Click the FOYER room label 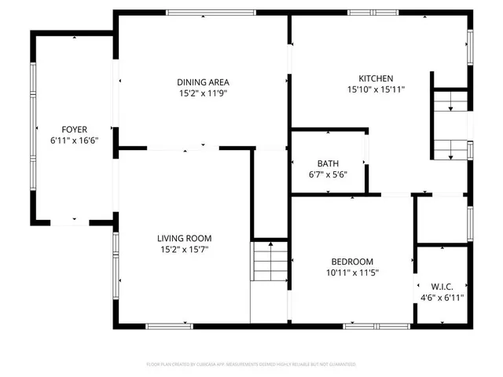pyautogui.click(x=75, y=129)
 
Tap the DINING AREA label pyautogui.click(x=202, y=82)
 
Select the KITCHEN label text pyautogui.click(x=376, y=79)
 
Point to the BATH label pyautogui.click(x=328, y=163)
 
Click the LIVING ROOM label pyautogui.click(x=184, y=239)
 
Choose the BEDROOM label pyautogui.click(x=351, y=262)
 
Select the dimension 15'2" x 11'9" pyautogui.click(x=202, y=93)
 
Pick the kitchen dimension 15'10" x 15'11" pyautogui.click(x=376, y=90)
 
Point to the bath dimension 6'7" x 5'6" pyautogui.click(x=328, y=174)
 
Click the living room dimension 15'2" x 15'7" pyautogui.click(x=184, y=250)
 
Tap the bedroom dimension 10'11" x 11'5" pyautogui.click(x=351, y=273)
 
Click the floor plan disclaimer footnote pyautogui.click(x=251, y=364)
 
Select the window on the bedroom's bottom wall pyautogui.click(x=373, y=325)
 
